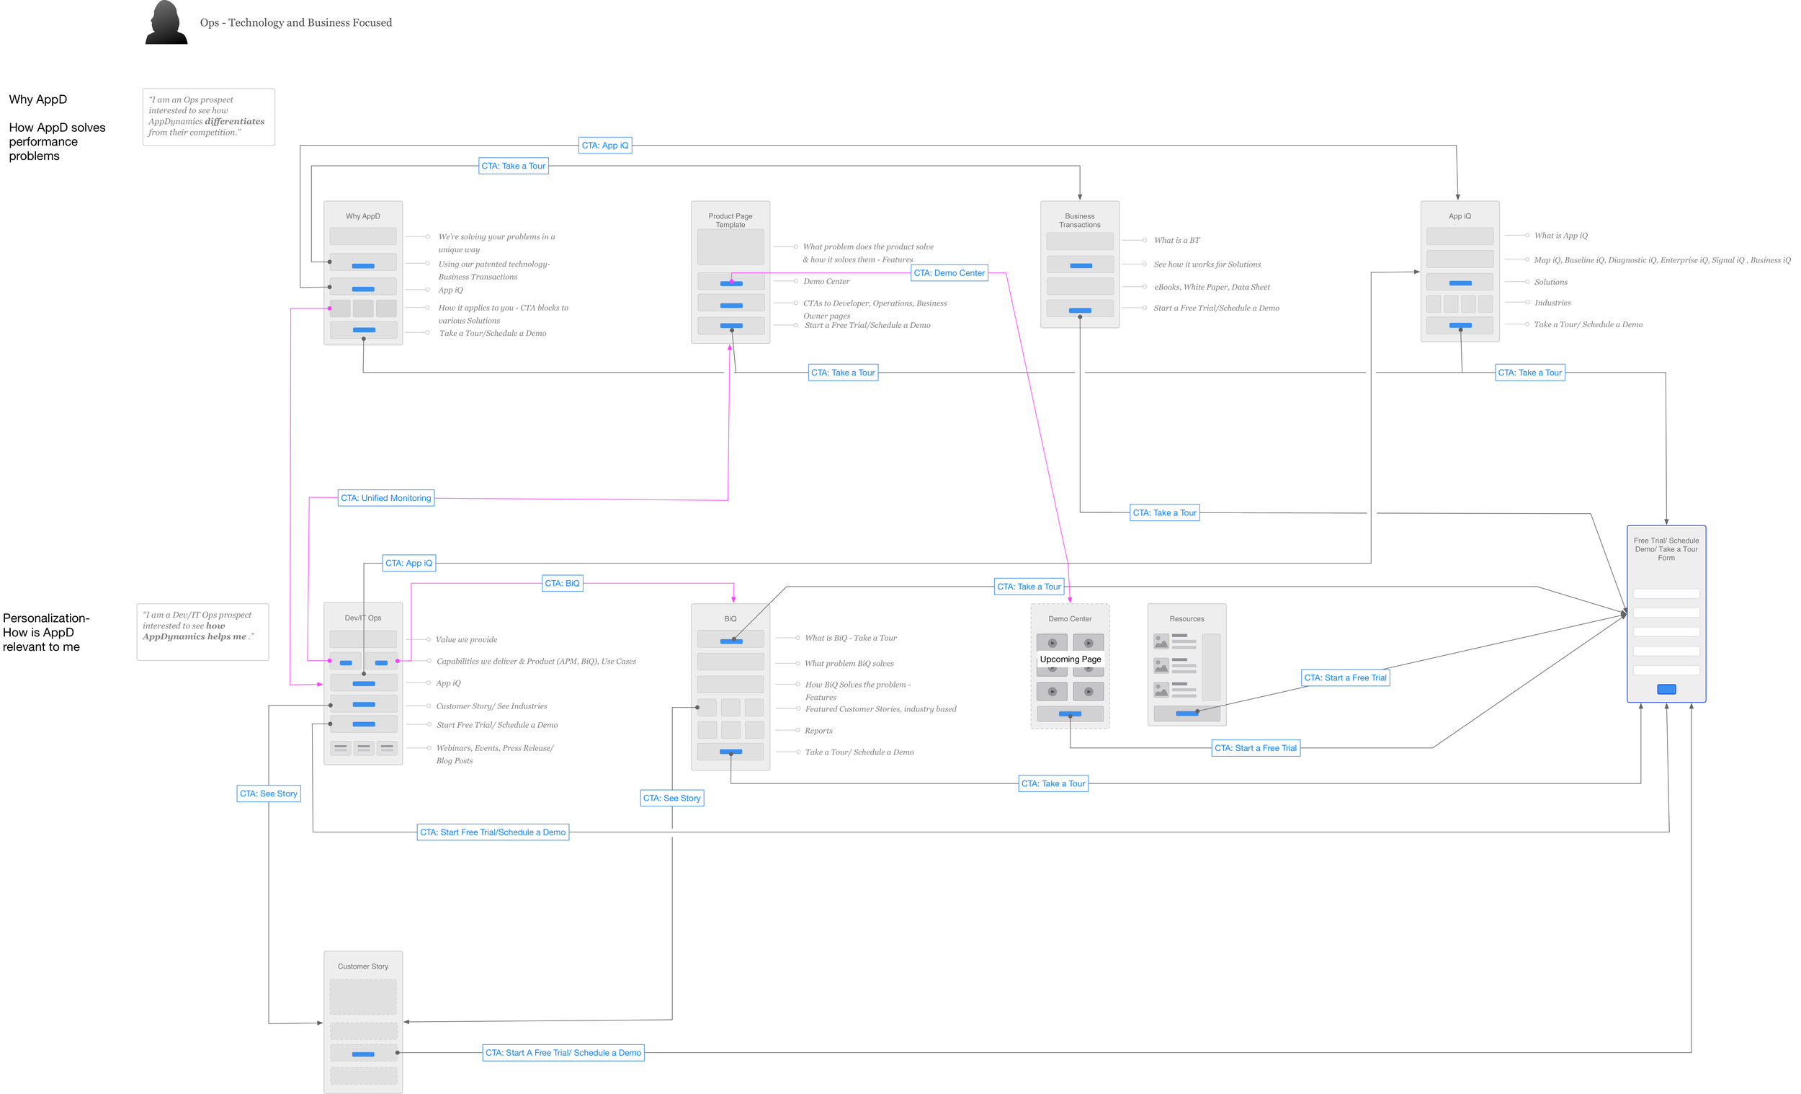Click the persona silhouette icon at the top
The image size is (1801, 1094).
click(166, 22)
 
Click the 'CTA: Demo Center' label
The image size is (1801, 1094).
click(949, 272)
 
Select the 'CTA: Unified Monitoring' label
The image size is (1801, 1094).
click(386, 498)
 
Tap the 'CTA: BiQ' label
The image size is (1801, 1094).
click(562, 584)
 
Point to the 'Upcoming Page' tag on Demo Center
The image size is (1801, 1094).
click(1070, 659)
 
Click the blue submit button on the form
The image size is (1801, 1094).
click(1666, 689)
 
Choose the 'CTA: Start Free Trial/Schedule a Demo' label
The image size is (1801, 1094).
click(493, 832)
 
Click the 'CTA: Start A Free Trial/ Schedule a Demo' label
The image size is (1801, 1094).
click(563, 1053)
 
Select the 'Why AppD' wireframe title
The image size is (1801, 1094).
click(363, 216)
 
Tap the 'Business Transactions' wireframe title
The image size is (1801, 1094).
click(1080, 220)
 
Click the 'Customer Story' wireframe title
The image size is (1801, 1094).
click(363, 966)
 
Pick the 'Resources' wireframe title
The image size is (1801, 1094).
click(1187, 618)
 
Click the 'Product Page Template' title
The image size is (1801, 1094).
click(730, 220)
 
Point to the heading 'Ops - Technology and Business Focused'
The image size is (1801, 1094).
click(296, 22)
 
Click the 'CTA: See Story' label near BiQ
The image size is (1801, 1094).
click(671, 798)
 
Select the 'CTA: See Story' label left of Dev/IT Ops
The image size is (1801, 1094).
click(268, 793)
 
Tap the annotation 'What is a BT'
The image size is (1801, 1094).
click(1177, 240)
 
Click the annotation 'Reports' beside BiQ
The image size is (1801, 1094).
click(818, 731)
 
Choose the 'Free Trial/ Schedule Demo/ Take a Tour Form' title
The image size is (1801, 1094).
click(1666, 549)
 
